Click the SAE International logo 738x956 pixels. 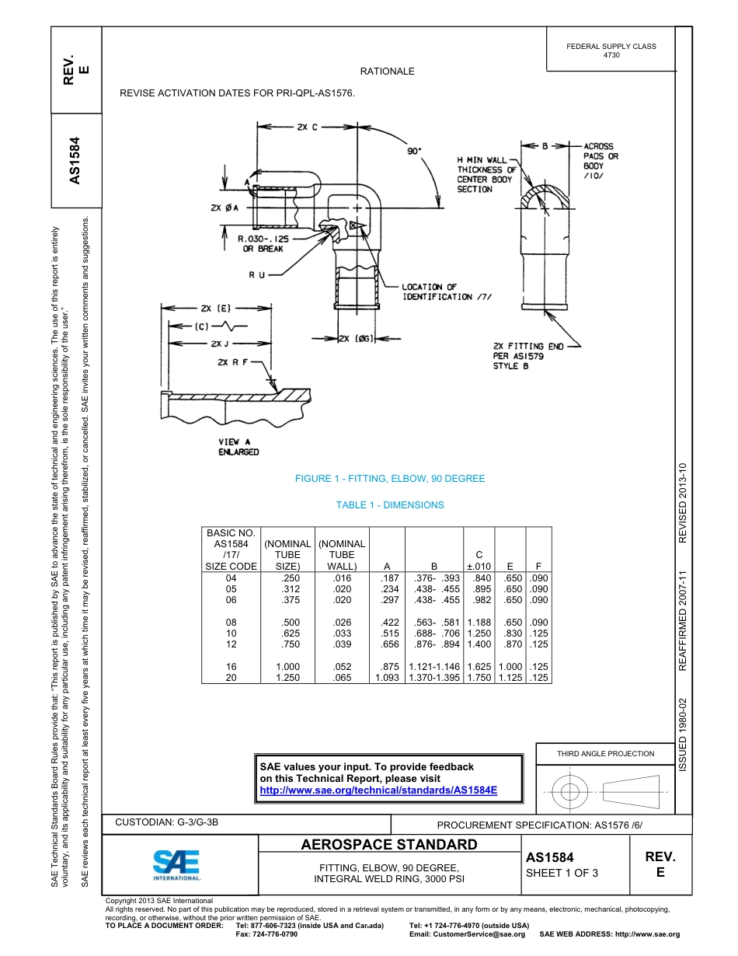(x=176, y=864)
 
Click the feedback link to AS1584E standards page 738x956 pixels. (x=378, y=790)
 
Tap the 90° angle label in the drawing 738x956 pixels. (x=415, y=152)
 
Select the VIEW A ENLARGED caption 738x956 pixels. (x=238, y=447)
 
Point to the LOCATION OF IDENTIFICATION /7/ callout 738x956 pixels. (x=447, y=291)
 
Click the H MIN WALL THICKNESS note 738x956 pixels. (x=486, y=174)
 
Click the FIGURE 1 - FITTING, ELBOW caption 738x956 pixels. (x=390, y=479)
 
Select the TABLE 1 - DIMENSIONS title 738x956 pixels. (x=390, y=505)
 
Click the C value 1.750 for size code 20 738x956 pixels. (x=479, y=678)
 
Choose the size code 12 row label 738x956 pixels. (x=231, y=644)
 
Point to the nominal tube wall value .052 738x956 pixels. (x=341, y=667)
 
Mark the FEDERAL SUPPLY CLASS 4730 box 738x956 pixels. (x=611, y=51)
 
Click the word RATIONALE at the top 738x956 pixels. (x=387, y=72)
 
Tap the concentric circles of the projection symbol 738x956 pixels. (x=571, y=792)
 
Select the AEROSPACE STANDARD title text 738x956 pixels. (x=389, y=845)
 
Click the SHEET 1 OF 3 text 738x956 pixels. (x=562, y=873)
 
